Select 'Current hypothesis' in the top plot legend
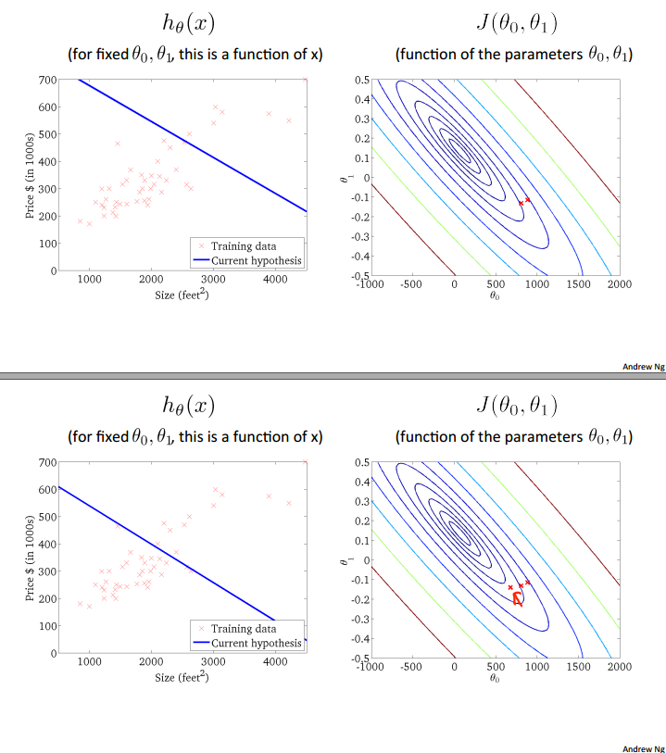coord(257,261)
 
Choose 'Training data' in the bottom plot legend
coord(244,629)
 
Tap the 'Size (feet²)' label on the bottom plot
coord(182,678)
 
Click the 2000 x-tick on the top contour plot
coord(619,284)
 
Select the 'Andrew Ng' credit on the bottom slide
coord(644,747)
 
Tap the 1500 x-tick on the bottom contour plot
coord(578,667)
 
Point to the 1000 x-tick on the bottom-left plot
coord(90,662)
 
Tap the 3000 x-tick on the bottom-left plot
coord(213,662)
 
